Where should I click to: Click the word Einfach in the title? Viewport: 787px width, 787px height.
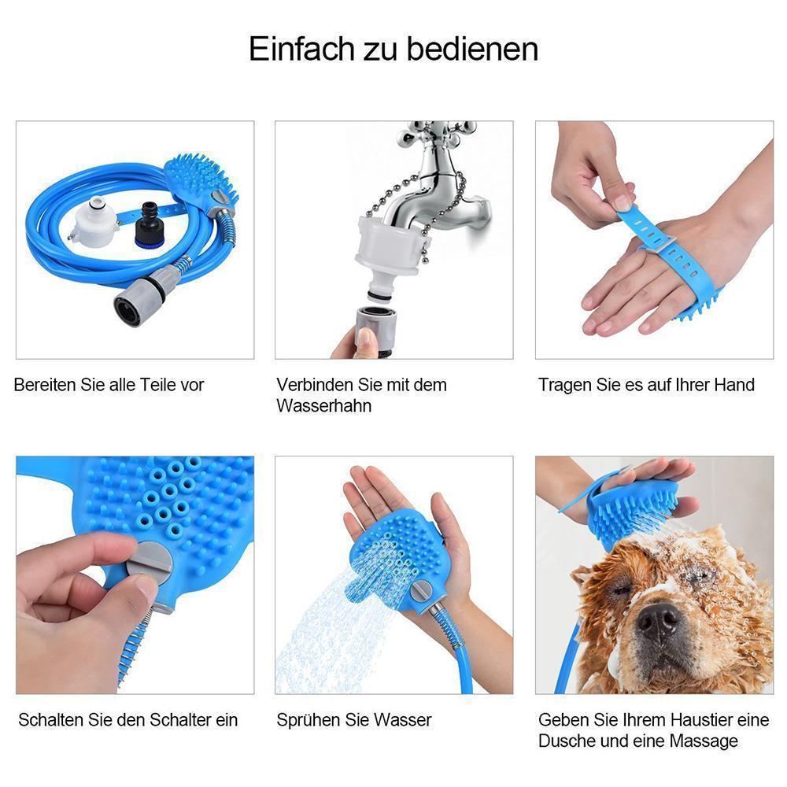291,49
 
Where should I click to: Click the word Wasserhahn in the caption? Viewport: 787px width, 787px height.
324,406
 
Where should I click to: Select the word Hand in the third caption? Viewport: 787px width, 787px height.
733,385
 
